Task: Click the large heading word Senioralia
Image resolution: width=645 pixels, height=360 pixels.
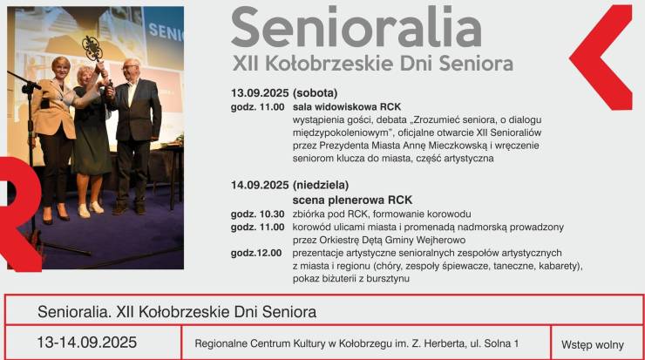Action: (x=356, y=28)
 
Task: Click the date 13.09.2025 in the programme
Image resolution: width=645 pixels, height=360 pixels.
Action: (x=260, y=93)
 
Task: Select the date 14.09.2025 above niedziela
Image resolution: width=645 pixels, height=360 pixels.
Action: (x=260, y=185)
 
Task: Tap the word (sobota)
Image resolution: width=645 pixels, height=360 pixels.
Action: (x=316, y=93)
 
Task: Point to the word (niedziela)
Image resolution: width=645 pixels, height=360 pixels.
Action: (x=321, y=186)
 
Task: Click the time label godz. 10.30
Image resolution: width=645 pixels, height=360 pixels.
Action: (x=257, y=214)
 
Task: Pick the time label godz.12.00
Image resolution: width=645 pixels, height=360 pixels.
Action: (x=256, y=253)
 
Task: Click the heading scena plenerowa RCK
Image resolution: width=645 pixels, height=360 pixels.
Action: (x=352, y=200)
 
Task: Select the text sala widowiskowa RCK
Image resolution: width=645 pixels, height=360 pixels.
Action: (x=347, y=107)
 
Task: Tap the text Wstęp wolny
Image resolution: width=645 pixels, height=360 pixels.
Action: (x=593, y=345)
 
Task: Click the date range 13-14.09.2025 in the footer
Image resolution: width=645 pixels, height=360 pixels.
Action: (x=87, y=343)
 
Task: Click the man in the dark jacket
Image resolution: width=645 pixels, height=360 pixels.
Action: (x=135, y=136)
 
